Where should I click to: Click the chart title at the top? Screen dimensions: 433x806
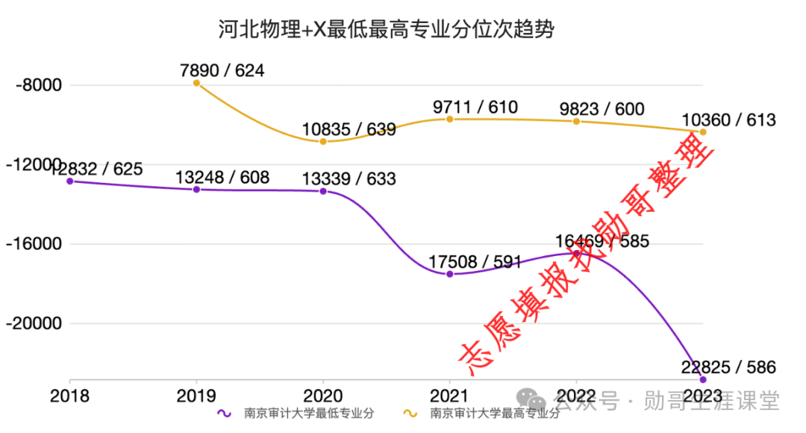tap(387, 29)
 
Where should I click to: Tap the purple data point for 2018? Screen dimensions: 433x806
tap(70, 181)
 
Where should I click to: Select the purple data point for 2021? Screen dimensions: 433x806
tap(450, 274)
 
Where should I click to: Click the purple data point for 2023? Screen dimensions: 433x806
tap(703, 379)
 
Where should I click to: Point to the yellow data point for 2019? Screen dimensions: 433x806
tap(197, 83)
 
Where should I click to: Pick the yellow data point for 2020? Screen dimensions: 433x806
tap(323, 141)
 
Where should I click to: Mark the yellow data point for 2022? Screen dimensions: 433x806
tap(576, 121)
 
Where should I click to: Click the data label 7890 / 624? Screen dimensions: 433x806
tap(222, 71)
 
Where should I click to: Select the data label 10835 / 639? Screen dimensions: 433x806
tap(349, 129)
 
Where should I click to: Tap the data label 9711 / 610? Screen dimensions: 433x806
tap(475, 108)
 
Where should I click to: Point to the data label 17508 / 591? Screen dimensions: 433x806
tap(475, 262)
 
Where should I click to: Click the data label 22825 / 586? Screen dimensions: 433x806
tap(728, 367)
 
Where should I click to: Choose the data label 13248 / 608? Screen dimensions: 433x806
tap(222, 178)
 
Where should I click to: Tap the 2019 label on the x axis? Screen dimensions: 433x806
tap(196, 396)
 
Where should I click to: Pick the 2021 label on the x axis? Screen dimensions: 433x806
tap(449, 396)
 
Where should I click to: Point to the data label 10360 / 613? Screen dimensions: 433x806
tap(728, 119)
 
